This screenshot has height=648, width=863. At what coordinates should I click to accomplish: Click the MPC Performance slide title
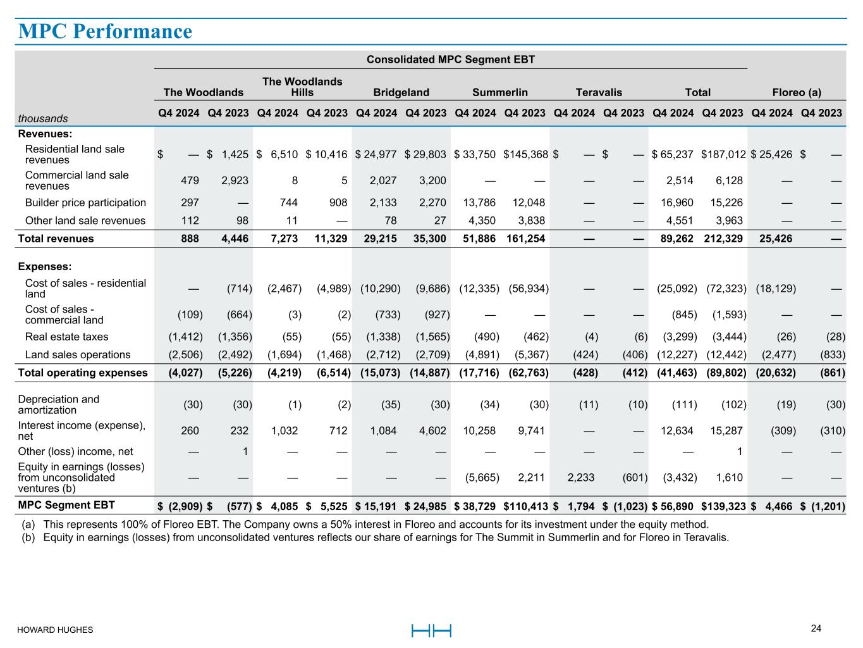(x=105, y=31)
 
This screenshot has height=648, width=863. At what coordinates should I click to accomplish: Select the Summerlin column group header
(x=499, y=92)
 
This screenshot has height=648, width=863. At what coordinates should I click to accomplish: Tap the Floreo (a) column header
(x=797, y=92)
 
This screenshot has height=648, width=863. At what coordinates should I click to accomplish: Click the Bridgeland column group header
(x=401, y=92)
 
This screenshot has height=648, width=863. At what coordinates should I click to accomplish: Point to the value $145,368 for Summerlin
(x=525, y=154)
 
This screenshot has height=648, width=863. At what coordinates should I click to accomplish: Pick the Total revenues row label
(x=56, y=239)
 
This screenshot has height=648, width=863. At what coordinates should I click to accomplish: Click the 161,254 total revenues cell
(x=525, y=239)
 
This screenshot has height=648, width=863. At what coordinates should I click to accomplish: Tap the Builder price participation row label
(x=85, y=202)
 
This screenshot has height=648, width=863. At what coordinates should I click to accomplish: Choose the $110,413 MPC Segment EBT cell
(x=525, y=506)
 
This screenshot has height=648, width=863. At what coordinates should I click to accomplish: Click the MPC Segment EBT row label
(x=66, y=505)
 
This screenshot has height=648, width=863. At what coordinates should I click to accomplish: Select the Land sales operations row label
(x=77, y=354)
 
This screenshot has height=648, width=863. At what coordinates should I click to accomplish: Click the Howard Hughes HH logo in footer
(x=431, y=630)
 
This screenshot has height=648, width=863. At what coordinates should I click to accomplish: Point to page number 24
(x=816, y=628)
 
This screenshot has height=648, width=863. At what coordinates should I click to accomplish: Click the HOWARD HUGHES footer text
(x=55, y=630)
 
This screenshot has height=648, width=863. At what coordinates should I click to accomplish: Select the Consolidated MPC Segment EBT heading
(x=450, y=59)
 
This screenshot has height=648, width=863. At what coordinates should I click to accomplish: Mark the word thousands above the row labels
(x=42, y=118)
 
